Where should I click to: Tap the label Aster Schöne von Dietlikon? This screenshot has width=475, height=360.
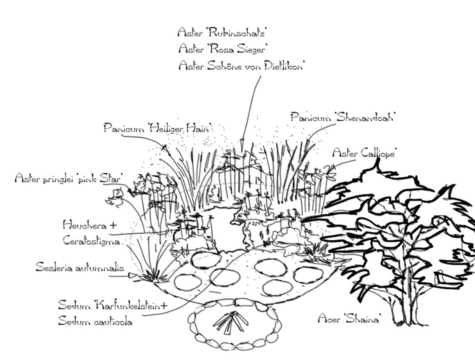241,66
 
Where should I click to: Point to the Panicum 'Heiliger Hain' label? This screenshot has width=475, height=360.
157,127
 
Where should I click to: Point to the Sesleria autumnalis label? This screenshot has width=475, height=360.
79,267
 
